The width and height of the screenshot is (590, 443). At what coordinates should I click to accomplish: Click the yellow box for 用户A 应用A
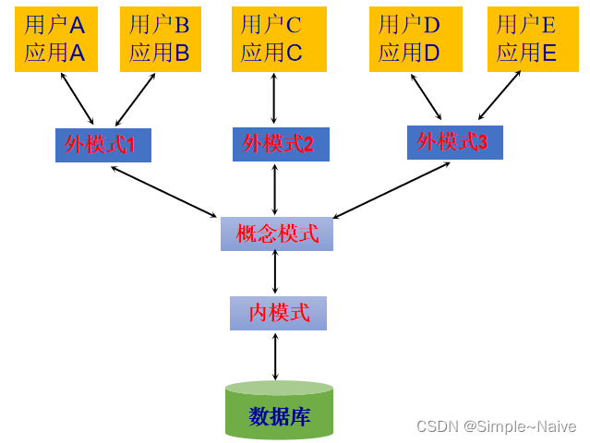[x=56, y=39]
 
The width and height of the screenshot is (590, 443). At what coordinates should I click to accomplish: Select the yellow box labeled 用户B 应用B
[x=161, y=39]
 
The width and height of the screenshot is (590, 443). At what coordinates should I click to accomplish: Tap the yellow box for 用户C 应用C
[x=272, y=39]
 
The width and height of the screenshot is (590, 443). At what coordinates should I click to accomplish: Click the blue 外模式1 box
[x=102, y=145]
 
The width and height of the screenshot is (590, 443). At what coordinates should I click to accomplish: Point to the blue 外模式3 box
[x=454, y=142]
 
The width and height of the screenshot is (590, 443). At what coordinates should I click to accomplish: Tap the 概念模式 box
[x=277, y=233]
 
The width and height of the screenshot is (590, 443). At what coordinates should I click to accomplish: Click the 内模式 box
[x=278, y=313]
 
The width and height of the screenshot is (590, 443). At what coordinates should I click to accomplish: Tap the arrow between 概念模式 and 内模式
[x=275, y=273]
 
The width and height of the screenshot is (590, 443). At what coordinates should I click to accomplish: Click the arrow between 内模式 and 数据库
[x=275, y=355]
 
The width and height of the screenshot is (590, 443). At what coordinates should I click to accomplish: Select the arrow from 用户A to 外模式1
[x=77, y=98]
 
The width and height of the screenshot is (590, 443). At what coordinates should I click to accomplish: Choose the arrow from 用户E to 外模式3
[x=500, y=96]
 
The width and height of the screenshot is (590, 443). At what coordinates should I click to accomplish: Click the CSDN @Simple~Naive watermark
[x=496, y=426]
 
